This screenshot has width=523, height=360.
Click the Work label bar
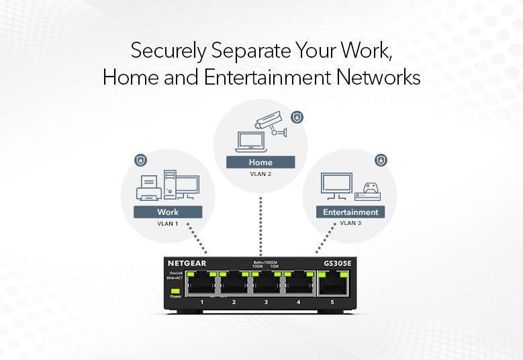coord(168,212)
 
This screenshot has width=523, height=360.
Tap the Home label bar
coord(260,162)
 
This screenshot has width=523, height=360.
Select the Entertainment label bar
coord(350,212)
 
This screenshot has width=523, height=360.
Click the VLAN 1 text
coord(168,224)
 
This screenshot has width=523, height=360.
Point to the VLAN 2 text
coord(260,173)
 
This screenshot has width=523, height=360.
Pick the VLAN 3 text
coord(350,223)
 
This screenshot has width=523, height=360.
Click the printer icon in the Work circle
coord(148,189)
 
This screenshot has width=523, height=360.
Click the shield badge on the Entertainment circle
coord(381,160)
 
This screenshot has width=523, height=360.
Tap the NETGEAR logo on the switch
coord(187,263)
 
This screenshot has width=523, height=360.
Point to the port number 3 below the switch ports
coord(266,303)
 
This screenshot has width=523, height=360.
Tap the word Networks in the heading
coord(377,77)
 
